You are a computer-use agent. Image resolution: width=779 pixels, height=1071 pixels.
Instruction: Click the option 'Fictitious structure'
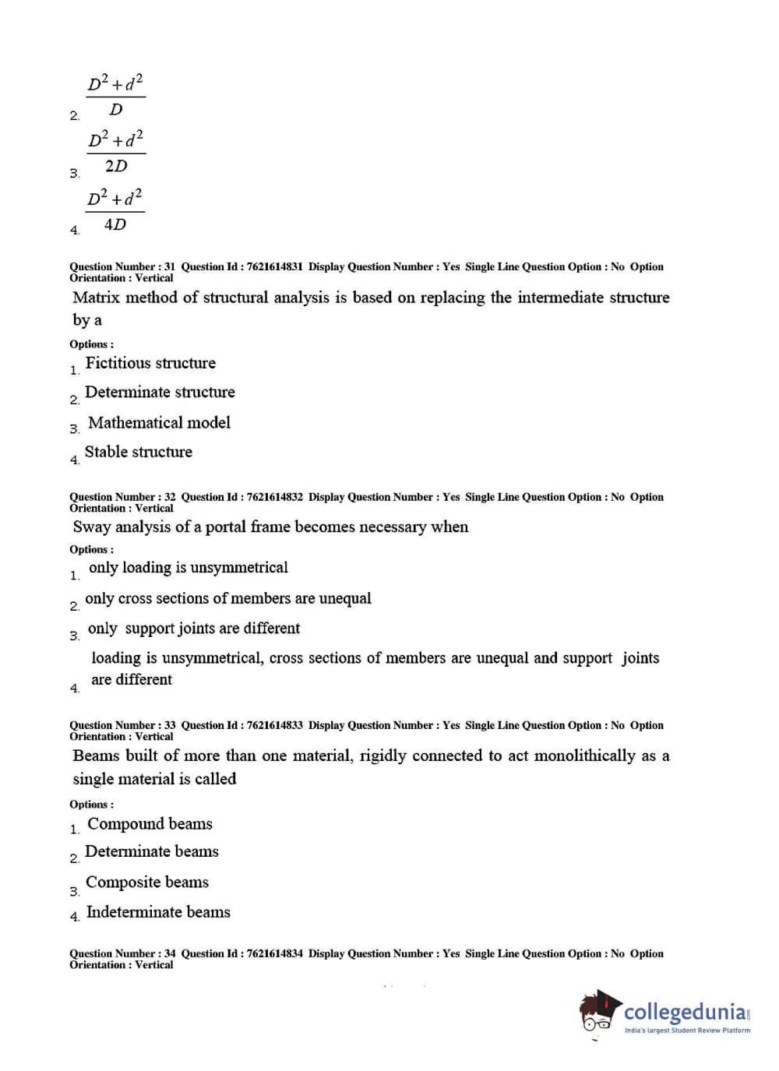pos(150,363)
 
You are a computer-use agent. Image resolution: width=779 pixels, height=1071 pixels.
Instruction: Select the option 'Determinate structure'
pos(160,393)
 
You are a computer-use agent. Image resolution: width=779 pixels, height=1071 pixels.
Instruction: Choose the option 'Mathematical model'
pos(159,423)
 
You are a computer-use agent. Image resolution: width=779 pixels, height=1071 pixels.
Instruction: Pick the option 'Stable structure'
pos(138,452)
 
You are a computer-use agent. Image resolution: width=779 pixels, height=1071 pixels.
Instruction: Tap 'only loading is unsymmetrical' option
pos(188,568)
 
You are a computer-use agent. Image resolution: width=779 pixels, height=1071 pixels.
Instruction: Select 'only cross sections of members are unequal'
pos(227,598)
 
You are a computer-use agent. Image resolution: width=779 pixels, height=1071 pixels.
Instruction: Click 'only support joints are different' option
pos(193,629)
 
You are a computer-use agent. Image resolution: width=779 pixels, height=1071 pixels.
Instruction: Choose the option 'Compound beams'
pos(150,824)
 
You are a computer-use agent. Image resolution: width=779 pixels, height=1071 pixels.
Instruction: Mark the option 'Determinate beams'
pos(151,852)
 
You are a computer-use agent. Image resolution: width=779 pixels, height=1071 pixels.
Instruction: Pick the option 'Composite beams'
pos(147,883)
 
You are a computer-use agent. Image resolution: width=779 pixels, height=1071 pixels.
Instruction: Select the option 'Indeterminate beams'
pos(158,912)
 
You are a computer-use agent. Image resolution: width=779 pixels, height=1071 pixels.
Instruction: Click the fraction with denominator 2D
pos(115,153)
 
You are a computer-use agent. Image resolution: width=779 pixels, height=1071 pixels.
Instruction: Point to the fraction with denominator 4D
pos(115,210)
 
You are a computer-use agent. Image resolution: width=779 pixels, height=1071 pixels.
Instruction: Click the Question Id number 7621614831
pos(274,266)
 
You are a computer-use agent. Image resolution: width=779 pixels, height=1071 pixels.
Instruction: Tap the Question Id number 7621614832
pos(274,497)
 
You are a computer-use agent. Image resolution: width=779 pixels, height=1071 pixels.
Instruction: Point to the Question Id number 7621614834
pos(274,953)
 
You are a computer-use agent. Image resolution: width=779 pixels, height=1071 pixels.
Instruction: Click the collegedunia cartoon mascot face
pos(598,1013)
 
